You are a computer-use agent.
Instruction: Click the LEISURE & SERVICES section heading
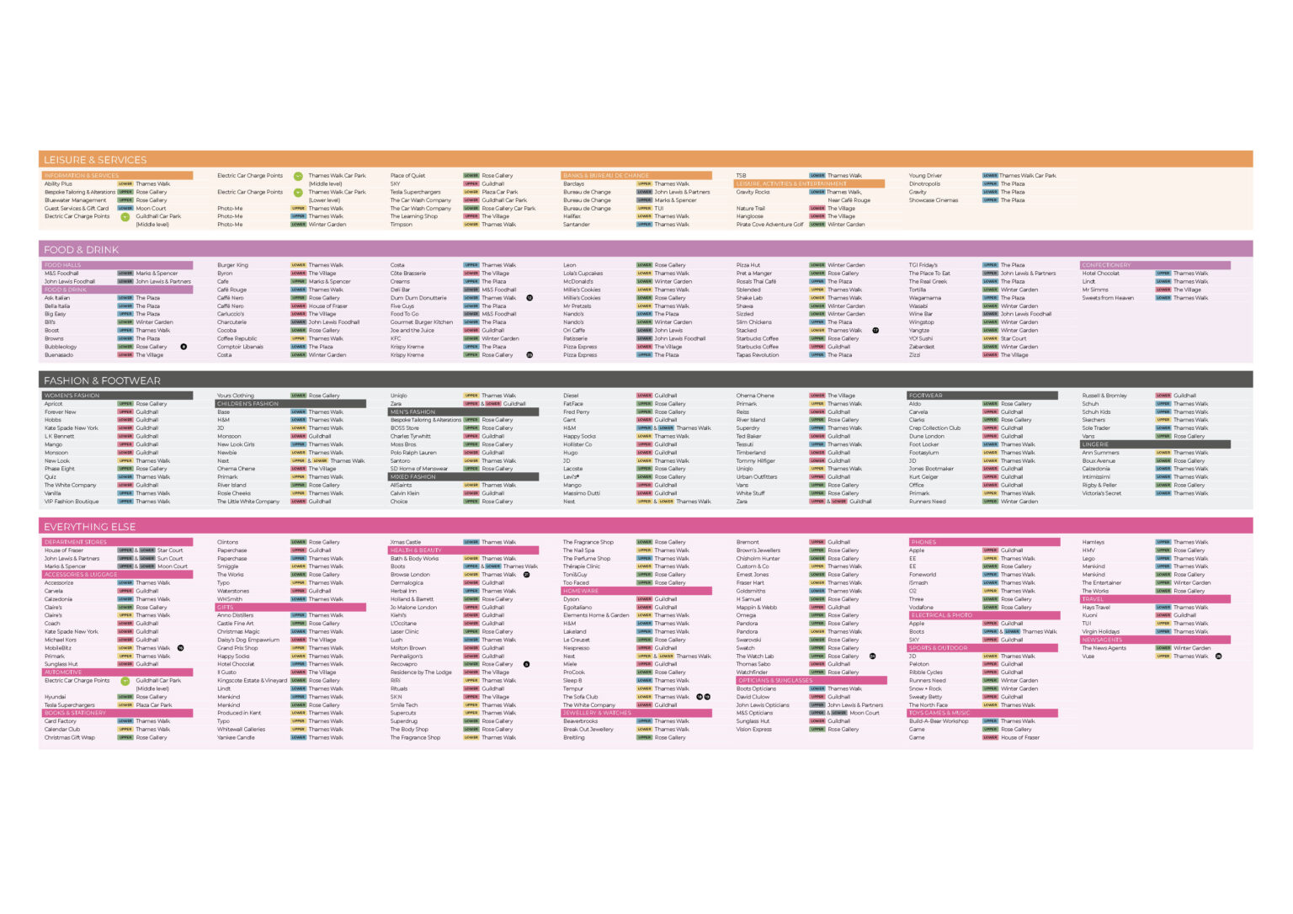click(x=95, y=160)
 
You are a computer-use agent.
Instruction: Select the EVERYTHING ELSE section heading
click(x=89, y=527)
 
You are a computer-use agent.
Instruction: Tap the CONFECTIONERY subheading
click(x=1106, y=265)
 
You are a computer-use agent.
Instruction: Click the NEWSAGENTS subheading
click(x=1102, y=640)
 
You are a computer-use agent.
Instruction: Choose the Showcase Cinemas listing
click(x=933, y=200)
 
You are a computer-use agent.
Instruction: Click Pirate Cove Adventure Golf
click(x=769, y=225)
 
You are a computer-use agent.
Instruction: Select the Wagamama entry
click(x=924, y=298)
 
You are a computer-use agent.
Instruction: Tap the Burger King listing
click(x=232, y=265)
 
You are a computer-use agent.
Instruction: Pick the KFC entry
click(x=396, y=338)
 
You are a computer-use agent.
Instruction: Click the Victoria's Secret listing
click(x=1101, y=493)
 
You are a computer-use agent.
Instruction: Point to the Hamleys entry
click(x=1093, y=542)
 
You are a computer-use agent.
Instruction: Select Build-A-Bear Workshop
click(x=939, y=721)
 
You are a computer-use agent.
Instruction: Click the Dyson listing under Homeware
click(x=571, y=599)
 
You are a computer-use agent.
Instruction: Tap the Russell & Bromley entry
click(x=1104, y=396)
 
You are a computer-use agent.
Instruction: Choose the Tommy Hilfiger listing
click(x=755, y=460)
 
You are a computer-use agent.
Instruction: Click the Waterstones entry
click(x=233, y=591)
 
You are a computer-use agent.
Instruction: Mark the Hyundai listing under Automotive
click(x=55, y=697)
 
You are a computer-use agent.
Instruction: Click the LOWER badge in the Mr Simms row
click(x=1163, y=290)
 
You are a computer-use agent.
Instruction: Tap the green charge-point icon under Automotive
click(x=125, y=681)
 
